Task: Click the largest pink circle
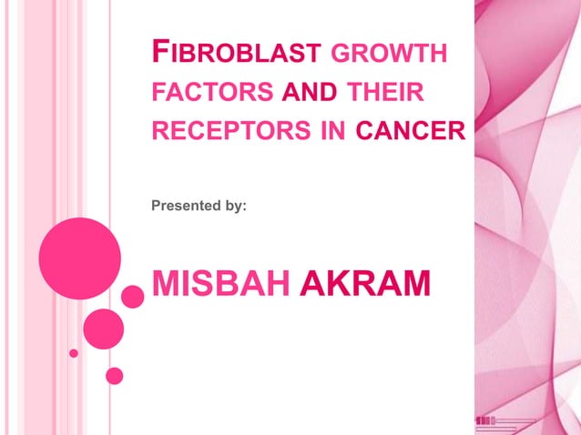click(80, 258)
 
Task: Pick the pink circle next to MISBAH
click(133, 296)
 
